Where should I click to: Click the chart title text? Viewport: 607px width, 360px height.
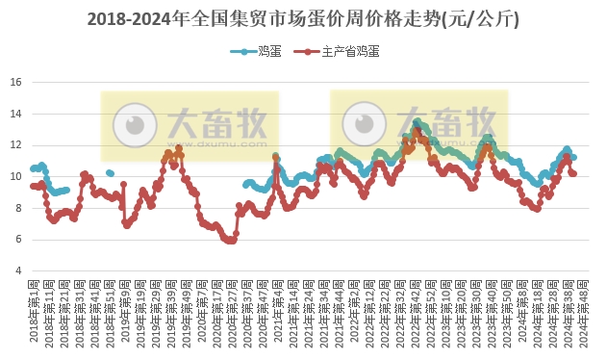click(303, 18)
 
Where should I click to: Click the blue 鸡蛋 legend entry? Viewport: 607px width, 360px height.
click(252, 52)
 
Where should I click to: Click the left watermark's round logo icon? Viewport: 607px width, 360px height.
click(134, 123)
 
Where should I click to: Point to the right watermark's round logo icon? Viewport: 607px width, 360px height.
click(364, 123)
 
